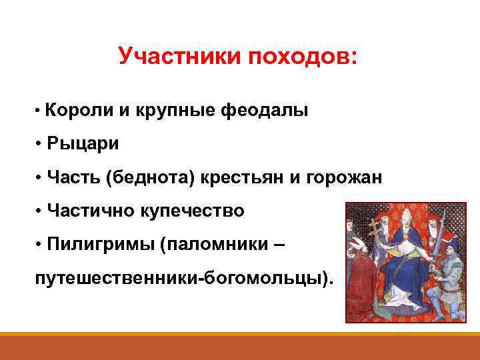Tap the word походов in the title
pos(303,57)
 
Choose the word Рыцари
pos(83,143)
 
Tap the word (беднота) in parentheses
pos(151,177)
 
